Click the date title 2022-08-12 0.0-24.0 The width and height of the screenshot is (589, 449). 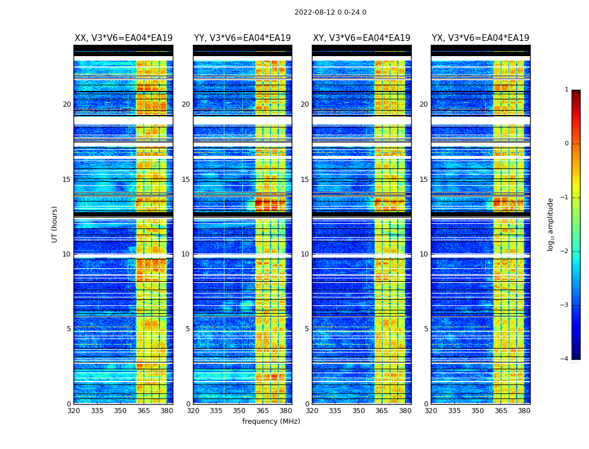click(330, 12)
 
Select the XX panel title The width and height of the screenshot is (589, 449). click(123, 38)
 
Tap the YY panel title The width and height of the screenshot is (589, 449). click(242, 38)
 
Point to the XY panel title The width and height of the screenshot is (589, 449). click(361, 38)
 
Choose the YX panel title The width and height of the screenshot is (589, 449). click(480, 38)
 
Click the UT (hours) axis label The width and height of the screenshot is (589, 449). click(55, 224)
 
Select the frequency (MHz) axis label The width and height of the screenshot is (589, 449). click(271, 421)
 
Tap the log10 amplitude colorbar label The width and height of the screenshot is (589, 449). click(551, 224)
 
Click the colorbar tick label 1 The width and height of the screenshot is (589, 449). click(567, 90)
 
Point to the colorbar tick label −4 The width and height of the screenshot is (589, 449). click(565, 359)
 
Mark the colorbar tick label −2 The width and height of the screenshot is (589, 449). click(565, 251)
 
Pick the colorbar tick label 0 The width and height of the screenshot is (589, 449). click(567, 144)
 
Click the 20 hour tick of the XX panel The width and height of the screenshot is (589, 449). click(67, 104)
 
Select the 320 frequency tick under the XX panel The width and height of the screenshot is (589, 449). click(73, 411)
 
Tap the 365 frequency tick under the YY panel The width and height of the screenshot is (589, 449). click(263, 411)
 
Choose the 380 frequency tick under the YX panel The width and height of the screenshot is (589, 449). click(524, 411)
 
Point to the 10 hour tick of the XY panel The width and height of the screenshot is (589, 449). click(305, 254)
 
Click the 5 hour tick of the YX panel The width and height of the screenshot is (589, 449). click(425, 329)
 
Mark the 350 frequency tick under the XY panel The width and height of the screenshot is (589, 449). click(358, 411)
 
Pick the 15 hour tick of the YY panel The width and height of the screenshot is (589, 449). click(186, 180)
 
